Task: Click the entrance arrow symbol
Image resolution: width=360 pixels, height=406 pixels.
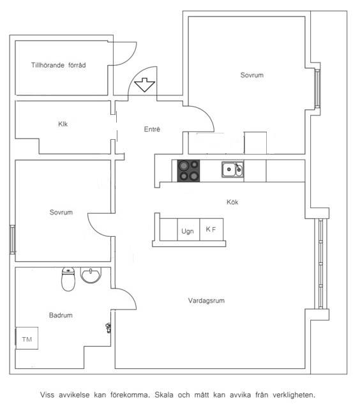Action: click(144, 85)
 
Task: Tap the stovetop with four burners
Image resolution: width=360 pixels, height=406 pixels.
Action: click(188, 170)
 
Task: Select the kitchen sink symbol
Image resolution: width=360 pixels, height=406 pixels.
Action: click(232, 170)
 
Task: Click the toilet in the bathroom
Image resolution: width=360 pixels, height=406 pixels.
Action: click(68, 279)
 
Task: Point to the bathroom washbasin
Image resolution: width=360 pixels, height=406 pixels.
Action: click(91, 275)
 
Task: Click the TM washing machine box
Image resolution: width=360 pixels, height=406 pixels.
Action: click(27, 338)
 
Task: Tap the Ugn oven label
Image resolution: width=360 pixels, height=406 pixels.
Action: click(188, 231)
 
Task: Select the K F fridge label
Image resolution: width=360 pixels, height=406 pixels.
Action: click(211, 229)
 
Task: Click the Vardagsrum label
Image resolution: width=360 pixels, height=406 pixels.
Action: click(206, 301)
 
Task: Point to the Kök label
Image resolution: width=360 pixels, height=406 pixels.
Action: click(232, 202)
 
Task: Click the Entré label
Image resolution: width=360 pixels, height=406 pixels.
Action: click(152, 129)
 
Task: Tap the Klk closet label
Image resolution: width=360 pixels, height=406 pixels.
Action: click(63, 124)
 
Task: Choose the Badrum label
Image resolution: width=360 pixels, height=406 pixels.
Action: click(61, 315)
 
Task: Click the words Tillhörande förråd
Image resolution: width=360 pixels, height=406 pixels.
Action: click(59, 65)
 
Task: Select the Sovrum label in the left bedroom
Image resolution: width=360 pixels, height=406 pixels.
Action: click(61, 213)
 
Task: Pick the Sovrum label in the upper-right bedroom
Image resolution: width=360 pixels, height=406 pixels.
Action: click(252, 75)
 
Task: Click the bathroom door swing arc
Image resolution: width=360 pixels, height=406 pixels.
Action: click(130, 294)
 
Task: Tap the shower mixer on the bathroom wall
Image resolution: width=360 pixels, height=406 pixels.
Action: click(109, 327)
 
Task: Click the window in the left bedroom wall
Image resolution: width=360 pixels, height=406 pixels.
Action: click(12, 239)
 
